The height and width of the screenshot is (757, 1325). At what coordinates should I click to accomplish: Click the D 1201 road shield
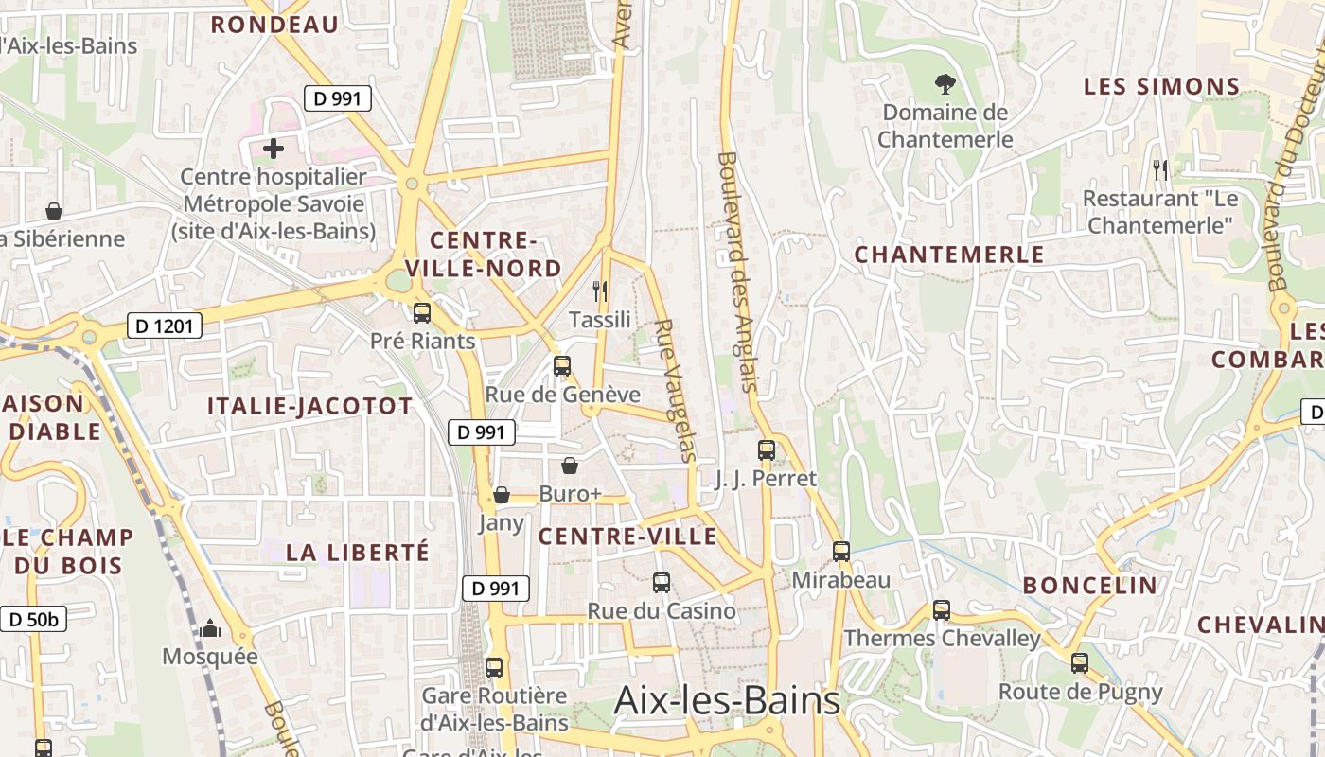coord(164,326)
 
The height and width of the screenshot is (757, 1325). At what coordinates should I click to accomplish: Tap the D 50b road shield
coord(32,620)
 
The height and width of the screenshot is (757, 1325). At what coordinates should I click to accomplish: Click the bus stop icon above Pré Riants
coord(422,312)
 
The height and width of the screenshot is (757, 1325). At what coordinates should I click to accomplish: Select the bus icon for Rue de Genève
coord(562,365)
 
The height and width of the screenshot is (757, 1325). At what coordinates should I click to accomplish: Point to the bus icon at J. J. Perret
coord(767,450)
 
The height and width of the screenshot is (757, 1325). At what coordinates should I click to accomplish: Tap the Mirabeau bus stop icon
coord(841,551)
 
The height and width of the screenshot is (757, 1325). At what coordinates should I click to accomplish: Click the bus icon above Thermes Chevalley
coord(942,610)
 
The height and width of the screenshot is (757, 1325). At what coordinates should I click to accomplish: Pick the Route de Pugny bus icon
coord(1080,663)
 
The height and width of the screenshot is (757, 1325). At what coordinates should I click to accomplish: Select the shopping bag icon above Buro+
coord(570,465)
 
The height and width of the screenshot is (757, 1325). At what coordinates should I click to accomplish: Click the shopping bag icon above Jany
coord(502,495)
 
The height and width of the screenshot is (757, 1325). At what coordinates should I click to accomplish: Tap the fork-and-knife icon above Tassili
coord(600,290)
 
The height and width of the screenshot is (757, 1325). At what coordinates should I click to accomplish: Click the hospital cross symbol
coord(274,149)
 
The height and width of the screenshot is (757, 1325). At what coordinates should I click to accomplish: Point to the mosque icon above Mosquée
coord(210,628)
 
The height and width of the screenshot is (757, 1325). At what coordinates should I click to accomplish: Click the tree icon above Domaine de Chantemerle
coord(944,84)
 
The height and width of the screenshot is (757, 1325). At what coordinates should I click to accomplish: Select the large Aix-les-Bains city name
coord(727,701)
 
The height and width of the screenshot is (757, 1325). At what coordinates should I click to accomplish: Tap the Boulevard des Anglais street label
coord(738,272)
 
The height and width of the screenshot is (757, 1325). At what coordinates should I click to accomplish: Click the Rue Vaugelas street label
coord(675,390)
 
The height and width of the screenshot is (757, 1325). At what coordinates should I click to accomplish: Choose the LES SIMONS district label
coord(1161,87)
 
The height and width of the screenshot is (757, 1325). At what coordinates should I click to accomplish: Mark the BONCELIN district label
coord(1090,585)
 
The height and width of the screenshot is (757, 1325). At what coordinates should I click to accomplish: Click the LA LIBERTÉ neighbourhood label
coord(358,552)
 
